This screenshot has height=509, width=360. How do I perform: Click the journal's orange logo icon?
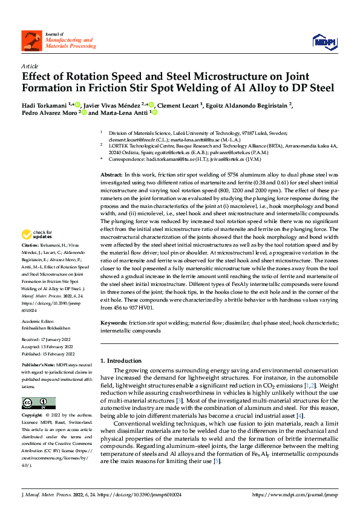30,41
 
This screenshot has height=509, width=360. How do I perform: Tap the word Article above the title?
30,66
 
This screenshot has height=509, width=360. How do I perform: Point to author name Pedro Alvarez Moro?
49,112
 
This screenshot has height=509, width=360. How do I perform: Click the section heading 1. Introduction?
120,360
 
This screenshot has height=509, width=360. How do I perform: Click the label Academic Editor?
38,320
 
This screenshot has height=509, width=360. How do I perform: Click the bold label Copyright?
32,416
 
